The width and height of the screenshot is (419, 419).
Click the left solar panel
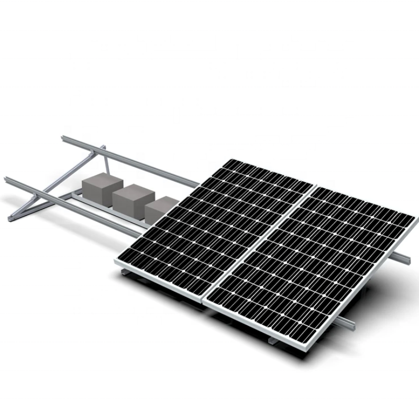tap(215, 230)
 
